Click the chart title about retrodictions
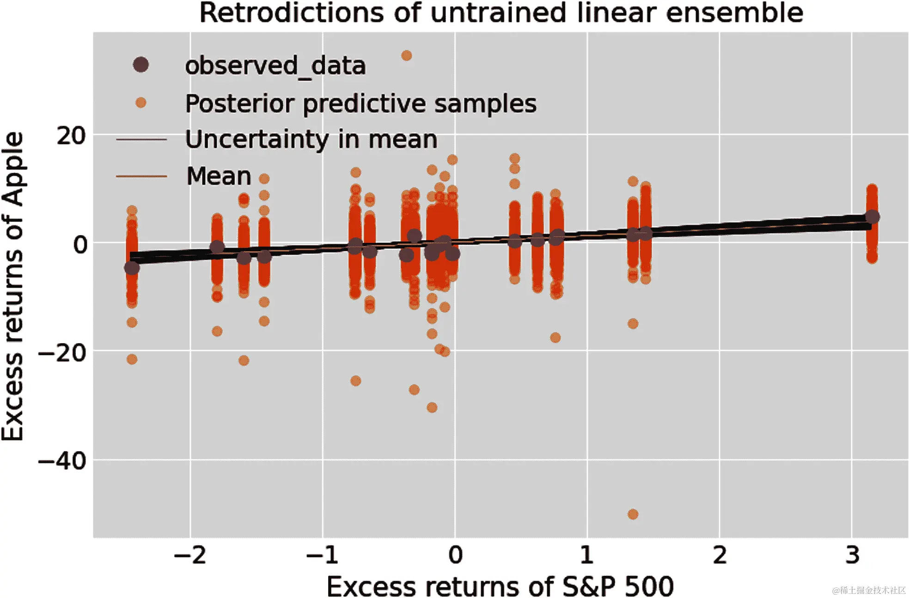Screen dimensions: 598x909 [501, 13]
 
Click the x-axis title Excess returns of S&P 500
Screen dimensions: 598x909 [500, 586]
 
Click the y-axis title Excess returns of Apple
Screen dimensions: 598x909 [13, 286]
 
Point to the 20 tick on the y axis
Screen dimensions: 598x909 [71, 136]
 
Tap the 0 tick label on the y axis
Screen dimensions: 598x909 [80, 244]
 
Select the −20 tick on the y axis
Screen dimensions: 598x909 [63, 353]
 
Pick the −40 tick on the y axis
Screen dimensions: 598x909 [63, 461]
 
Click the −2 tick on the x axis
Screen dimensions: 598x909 [190, 555]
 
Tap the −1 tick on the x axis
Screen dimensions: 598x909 [323, 555]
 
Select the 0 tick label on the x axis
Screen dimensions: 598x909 [455, 555]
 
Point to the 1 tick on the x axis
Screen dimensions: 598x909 [587, 555]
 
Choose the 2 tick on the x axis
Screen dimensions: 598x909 [720, 555]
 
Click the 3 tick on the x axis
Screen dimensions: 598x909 [852, 555]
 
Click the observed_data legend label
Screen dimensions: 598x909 [275, 66]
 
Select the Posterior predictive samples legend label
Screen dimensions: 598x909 [361, 103]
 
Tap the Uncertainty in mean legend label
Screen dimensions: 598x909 [311, 139]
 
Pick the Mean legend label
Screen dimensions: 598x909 [219, 176]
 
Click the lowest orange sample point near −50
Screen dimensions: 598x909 [633, 514]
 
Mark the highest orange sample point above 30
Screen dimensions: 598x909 [407, 56]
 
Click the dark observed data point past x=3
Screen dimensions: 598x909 [872, 217]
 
